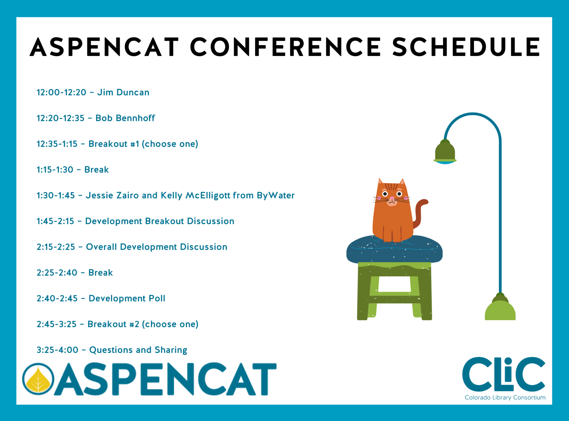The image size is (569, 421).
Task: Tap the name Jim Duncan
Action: point(123,92)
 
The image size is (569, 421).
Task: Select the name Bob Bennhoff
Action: point(125,118)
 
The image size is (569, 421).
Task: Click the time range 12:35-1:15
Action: point(57,144)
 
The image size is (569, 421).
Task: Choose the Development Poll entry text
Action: point(127,298)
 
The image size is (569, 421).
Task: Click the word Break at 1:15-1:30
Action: point(96,170)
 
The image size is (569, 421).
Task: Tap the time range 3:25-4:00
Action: point(57,350)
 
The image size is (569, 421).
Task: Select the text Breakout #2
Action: point(113,324)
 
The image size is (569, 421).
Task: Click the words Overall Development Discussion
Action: point(156,247)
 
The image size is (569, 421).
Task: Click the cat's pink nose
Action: point(392,198)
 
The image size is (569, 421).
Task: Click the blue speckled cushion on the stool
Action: point(394,250)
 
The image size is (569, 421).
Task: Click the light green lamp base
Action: point(500,310)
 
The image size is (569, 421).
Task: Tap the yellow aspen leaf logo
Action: point(38,379)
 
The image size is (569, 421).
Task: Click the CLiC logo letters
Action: point(503,374)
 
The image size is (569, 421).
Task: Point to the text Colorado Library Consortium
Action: point(505,398)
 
